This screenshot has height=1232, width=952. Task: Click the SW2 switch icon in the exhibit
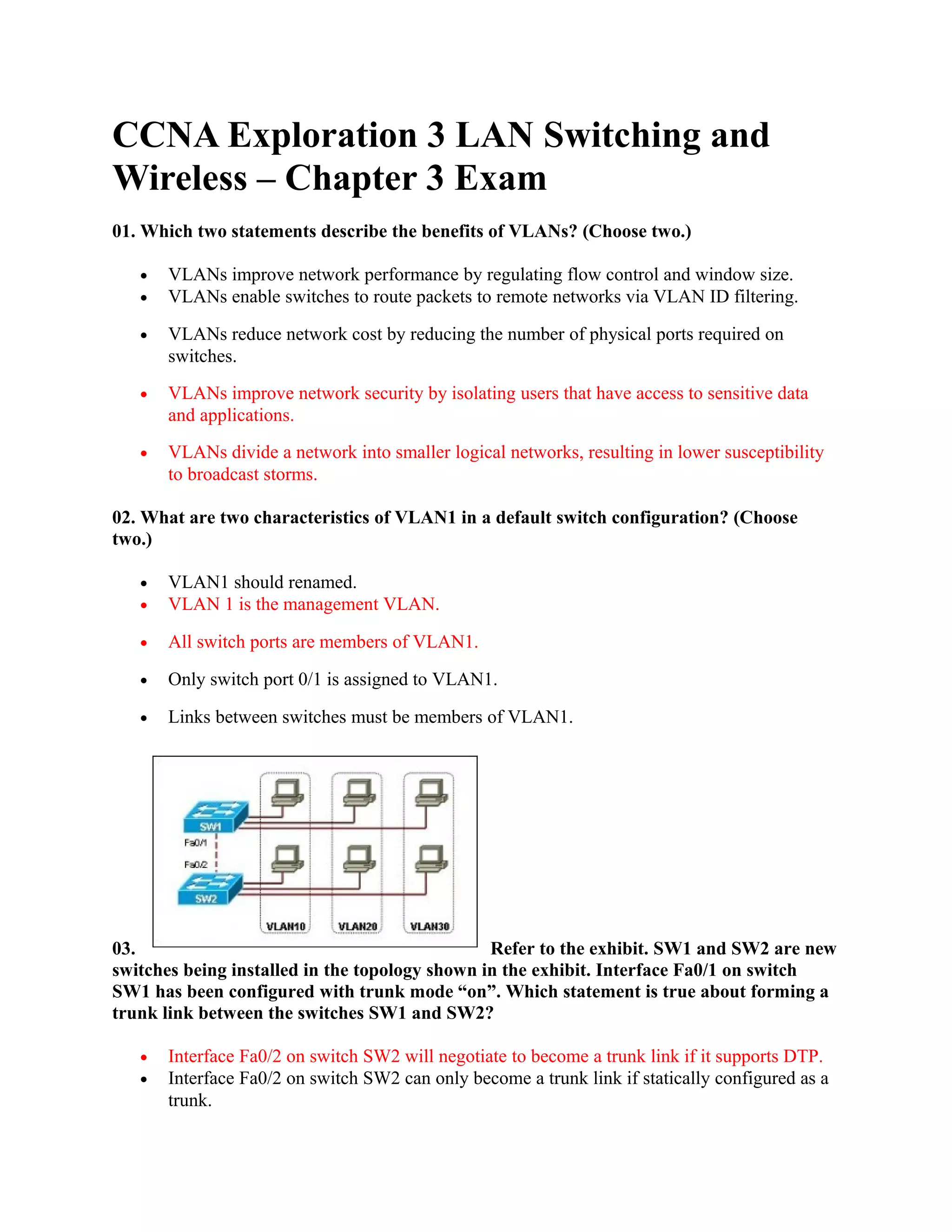point(210,889)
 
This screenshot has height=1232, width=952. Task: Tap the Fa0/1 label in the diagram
point(195,843)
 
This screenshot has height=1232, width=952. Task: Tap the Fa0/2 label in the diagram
point(195,865)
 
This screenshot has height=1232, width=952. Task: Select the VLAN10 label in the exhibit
point(285,926)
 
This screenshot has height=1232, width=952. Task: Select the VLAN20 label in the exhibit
point(357,926)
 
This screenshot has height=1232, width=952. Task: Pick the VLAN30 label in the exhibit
point(429,926)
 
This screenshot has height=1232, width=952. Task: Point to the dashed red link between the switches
point(216,854)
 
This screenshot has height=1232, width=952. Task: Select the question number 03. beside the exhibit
point(124,949)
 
